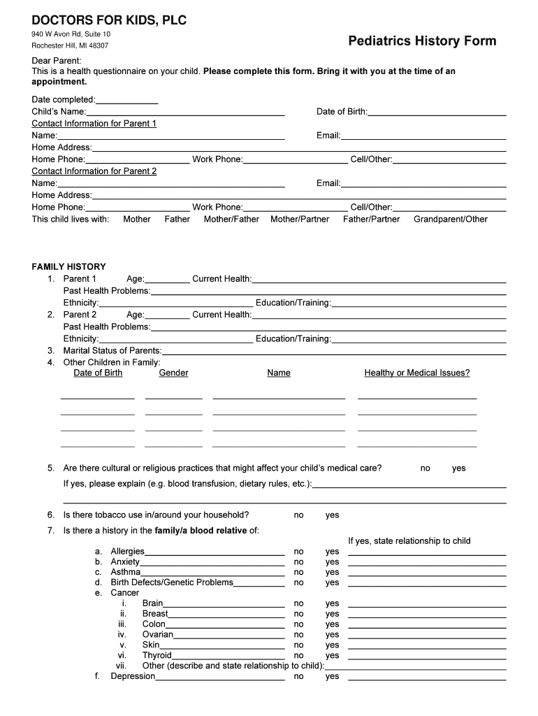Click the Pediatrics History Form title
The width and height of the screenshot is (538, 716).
pos(422,41)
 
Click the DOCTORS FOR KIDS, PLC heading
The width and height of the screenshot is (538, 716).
pos(108,21)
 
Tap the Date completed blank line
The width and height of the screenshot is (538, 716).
pos(127,100)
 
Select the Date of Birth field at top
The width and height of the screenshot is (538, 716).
pos(437,112)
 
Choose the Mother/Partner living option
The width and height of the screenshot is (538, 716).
pos(300,219)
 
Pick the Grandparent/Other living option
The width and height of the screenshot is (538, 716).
pos(450,219)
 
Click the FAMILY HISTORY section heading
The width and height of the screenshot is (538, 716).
pos(68,266)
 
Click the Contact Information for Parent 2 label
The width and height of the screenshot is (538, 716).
pos(94,171)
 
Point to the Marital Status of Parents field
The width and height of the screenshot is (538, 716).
pos(334,350)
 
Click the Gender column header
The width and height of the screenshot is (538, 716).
pos(173,373)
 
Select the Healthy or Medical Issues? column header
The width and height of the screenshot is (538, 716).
pos(417,373)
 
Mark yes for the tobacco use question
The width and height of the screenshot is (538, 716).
pos(332,515)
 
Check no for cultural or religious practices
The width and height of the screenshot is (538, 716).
pos(425,468)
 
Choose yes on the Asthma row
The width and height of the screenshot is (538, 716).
pos(332,572)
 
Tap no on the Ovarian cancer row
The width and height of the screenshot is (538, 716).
pos(298,635)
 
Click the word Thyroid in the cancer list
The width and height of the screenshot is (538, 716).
pos(157,655)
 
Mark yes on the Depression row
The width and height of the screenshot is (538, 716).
pos(332,676)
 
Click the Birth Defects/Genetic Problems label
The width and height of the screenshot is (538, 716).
pos(172,582)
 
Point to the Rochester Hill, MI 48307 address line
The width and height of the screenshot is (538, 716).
pos(70,46)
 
